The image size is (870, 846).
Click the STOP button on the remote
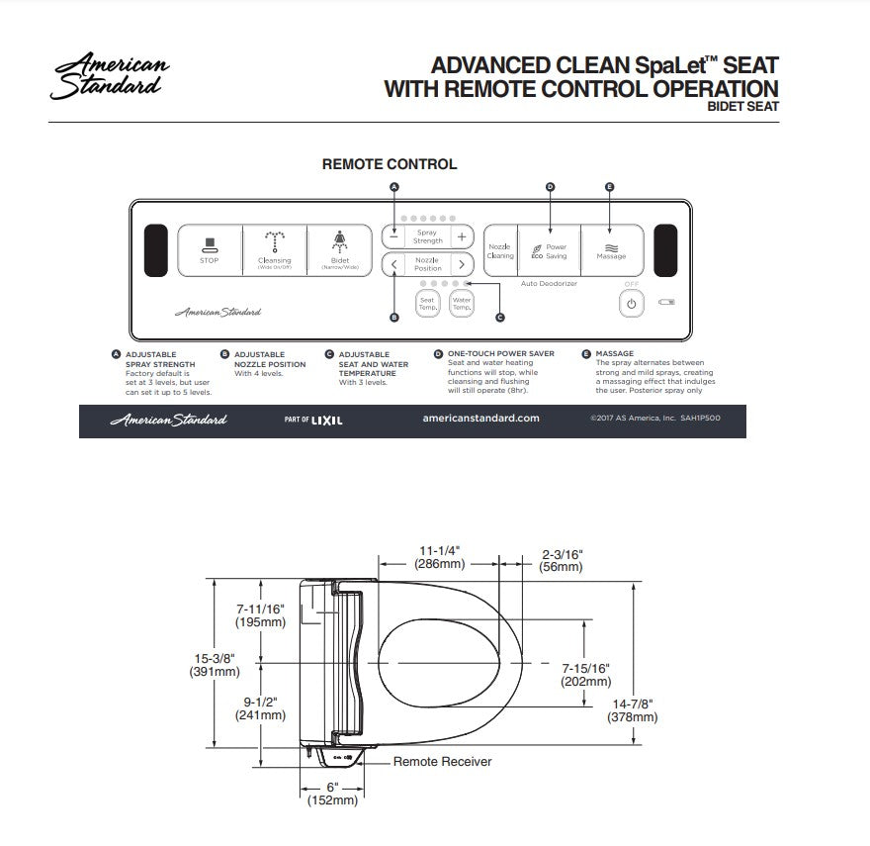coord(210,250)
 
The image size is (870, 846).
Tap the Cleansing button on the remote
coord(274,250)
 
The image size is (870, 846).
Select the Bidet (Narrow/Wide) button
coord(339,250)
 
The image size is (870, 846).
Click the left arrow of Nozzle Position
coord(394,265)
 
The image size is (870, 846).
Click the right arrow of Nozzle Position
coord(461,265)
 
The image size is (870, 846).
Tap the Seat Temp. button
coord(427,303)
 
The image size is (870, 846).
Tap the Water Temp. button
coord(462,303)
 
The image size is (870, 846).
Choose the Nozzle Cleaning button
coord(500,250)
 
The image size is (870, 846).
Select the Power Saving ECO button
coord(548,250)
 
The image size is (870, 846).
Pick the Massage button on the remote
coord(611,250)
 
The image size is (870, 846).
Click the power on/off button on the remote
coord(632,304)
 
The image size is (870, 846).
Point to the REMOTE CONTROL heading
coord(390,164)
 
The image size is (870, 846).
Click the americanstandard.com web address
coord(480,419)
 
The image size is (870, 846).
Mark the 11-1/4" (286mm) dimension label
coord(441,557)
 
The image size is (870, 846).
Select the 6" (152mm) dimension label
coord(332,793)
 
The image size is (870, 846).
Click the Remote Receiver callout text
coord(442,761)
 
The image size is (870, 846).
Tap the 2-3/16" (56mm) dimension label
coord(562,560)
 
